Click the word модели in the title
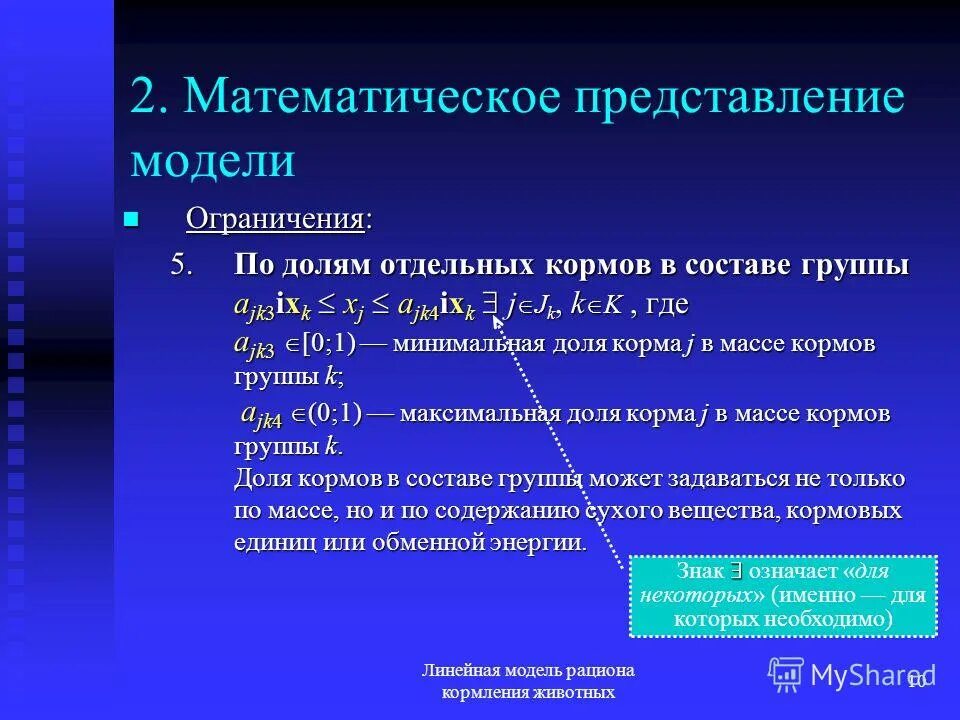(x=212, y=160)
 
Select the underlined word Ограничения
(x=275, y=219)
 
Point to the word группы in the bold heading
(x=855, y=266)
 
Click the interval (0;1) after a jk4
(x=334, y=413)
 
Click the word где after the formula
(x=667, y=303)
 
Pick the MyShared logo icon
(x=785, y=674)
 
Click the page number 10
(x=917, y=680)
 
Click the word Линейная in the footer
(x=458, y=670)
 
